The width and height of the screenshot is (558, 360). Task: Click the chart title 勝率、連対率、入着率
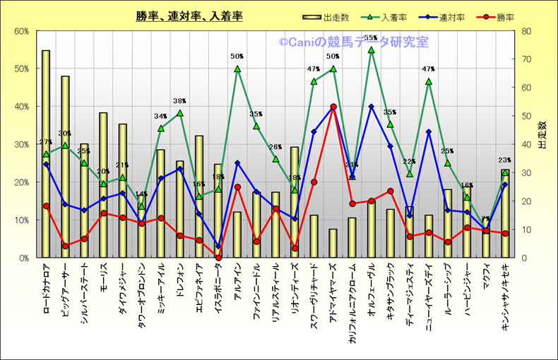(x=190, y=16)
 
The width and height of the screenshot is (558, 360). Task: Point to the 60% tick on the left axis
(x=20, y=31)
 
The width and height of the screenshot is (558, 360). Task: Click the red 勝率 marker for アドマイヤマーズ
(x=333, y=107)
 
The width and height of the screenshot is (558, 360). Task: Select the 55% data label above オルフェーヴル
(x=372, y=37)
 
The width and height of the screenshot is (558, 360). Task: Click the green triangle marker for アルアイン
(x=237, y=69)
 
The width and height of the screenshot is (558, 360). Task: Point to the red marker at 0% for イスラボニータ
(x=218, y=258)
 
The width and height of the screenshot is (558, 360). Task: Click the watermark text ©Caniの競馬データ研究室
(x=353, y=42)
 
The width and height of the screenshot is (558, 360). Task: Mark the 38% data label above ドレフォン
(x=179, y=101)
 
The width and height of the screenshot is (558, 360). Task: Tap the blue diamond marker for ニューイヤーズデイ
(x=429, y=132)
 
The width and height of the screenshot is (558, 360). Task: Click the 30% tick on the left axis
(x=20, y=144)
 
